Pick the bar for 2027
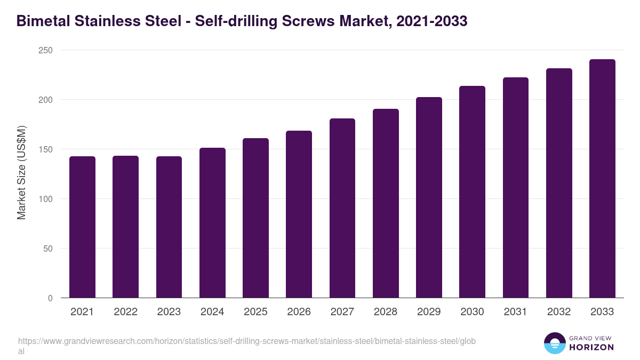tap(342, 208)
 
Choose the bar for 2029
tap(429, 197)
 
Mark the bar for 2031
tap(516, 188)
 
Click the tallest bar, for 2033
tap(602, 179)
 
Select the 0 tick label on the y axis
tap(50, 298)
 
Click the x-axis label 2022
tap(125, 312)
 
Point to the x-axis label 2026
tap(299, 312)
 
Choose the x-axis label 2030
tap(472, 312)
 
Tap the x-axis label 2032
tap(559, 312)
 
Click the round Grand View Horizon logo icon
tap(554, 343)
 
